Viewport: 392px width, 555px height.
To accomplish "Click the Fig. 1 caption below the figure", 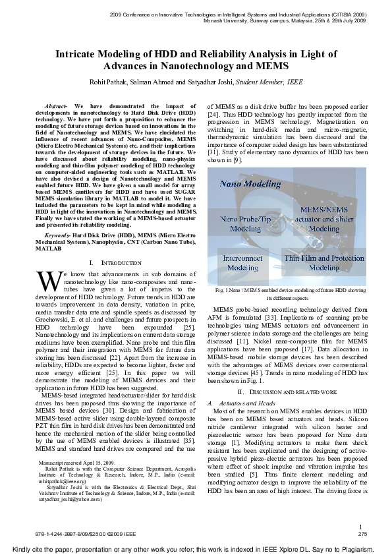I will (291, 293).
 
